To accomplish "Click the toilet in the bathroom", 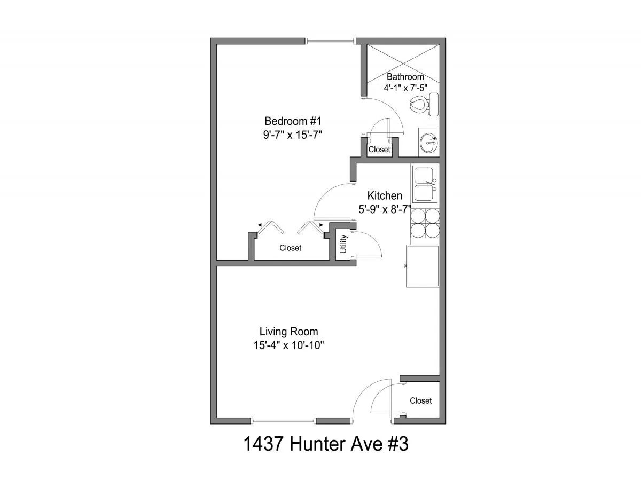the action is tap(424, 104).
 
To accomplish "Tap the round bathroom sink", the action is tap(428, 143).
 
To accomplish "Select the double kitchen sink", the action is tap(425, 184).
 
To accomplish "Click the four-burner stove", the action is tap(425, 223).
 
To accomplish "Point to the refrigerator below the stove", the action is tap(423, 265).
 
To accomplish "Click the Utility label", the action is tap(343, 244).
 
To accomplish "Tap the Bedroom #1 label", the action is tap(293, 121).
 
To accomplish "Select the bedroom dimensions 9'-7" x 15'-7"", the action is tap(293, 135).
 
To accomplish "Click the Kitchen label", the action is tap(385, 195).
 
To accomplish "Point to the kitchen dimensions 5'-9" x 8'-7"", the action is tap(385, 209).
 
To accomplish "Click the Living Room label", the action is tap(289, 332).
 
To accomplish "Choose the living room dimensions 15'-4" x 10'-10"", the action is tap(289, 345).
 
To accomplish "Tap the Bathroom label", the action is tap(405, 77).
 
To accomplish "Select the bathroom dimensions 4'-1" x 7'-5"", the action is tap(405, 88).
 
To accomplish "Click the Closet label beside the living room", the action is tap(420, 400).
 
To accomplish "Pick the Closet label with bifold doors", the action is tap(290, 248).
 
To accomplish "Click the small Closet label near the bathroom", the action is tap(379, 150).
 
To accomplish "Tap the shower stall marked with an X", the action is tap(403, 64).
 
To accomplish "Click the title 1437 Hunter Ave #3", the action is tap(326, 444).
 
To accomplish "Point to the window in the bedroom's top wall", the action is tap(330, 41).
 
